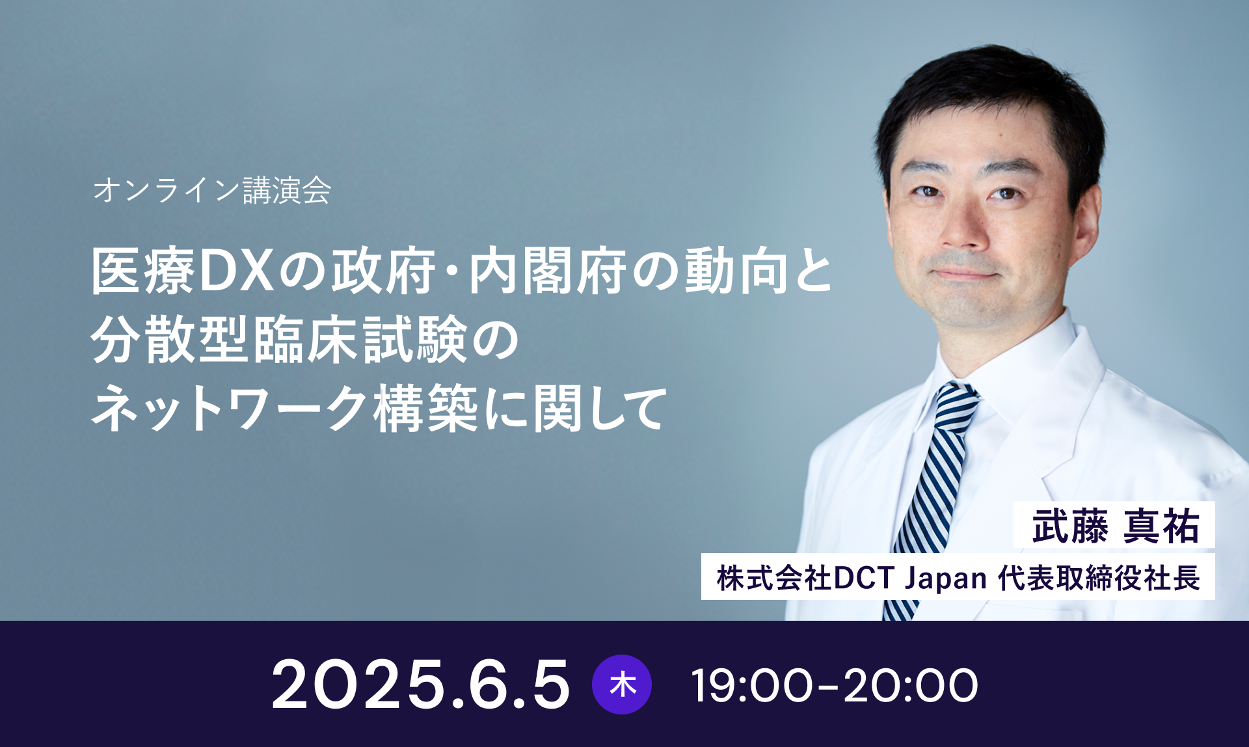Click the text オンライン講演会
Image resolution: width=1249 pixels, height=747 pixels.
pos(212,190)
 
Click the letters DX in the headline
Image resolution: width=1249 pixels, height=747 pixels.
pos(235,271)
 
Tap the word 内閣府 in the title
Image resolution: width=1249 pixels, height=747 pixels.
pos(548,271)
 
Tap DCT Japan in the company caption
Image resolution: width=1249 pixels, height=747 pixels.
pos(911,578)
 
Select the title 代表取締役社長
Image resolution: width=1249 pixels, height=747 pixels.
pos(1099,578)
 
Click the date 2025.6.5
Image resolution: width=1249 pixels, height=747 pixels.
pos(420,685)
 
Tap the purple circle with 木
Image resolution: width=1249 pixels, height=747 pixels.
pos(622,685)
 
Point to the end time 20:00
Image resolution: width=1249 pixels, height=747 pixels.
pos(911,685)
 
